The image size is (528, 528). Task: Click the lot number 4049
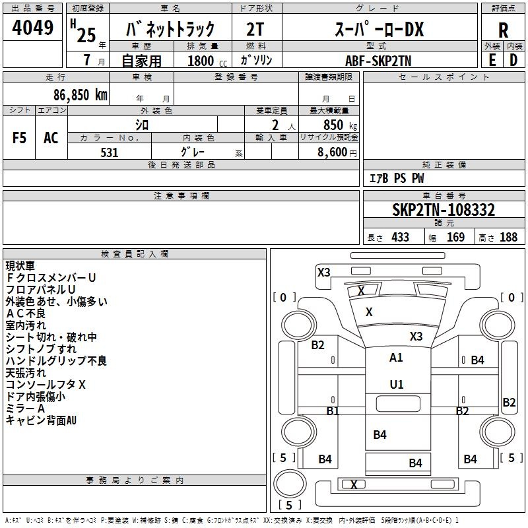point(32,28)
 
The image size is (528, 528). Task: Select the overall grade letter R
point(503,30)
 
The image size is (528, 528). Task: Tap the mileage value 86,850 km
point(81,95)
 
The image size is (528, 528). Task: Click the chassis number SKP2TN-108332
point(444,210)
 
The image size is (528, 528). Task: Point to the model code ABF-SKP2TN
point(378,61)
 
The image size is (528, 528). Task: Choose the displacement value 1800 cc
point(207,61)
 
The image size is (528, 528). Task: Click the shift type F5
point(19,138)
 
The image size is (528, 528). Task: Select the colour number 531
point(110,152)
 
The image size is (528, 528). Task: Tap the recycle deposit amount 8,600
point(333,152)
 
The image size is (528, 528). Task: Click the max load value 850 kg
point(340,125)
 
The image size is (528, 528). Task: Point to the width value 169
point(455,237)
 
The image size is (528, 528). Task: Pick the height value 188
point(508,237)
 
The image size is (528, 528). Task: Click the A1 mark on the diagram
point(396,358)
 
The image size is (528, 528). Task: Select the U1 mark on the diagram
point(397,385)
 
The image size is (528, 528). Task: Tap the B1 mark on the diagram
point(333,411)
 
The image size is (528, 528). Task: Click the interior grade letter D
point(513,60)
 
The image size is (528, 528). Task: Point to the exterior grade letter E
point(492,60)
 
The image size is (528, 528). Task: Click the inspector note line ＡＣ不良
point(26,313)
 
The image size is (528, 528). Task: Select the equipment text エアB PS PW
point(397,178)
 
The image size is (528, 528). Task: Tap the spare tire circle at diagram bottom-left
point(290,483)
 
